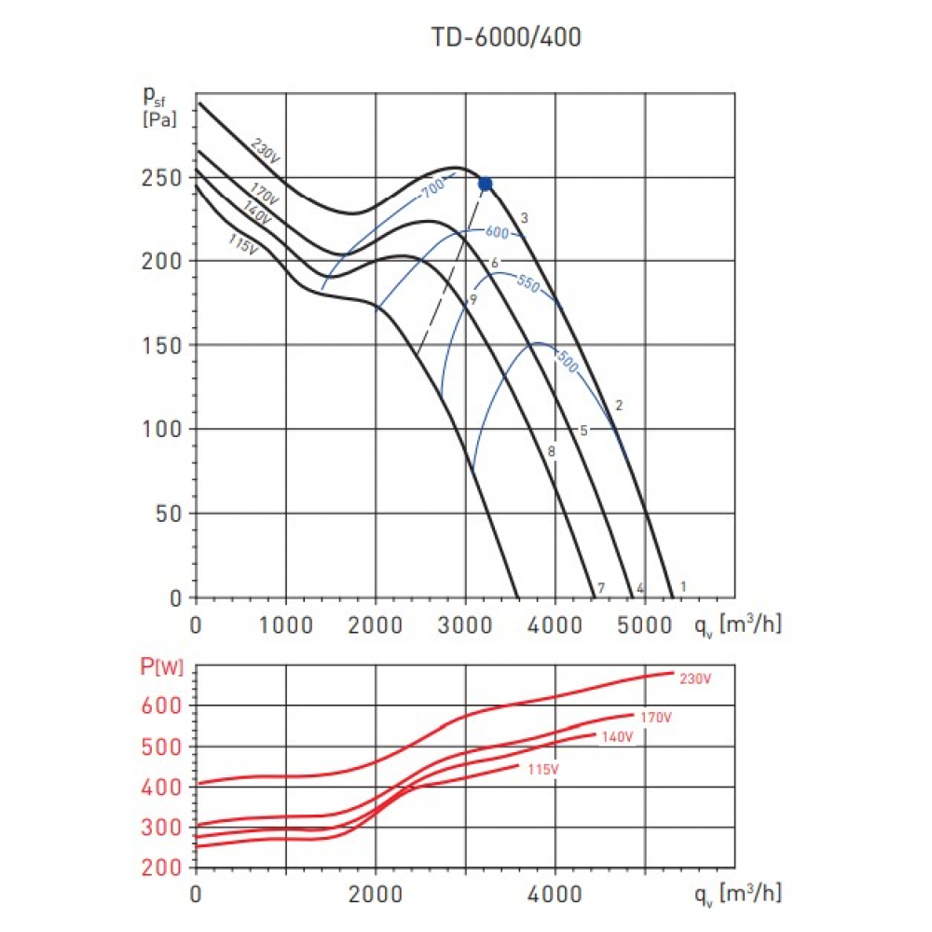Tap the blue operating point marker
[x=485, y=184]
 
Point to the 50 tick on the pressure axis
[x=167, y=513]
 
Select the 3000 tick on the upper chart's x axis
[x=465, y=624]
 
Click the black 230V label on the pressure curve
[x=265, y=152]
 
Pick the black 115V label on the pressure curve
[x=241, y=244]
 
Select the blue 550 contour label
[x=528, y=286]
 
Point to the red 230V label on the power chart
[x=695, y=679]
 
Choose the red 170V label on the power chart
[x=655, y=718]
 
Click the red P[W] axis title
[x=160, y=666]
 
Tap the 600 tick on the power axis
[x=160, y=706]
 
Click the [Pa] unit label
[x=160, y=119]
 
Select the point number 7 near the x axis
[x=601, y=588]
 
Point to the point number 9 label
[x=473, y=300]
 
